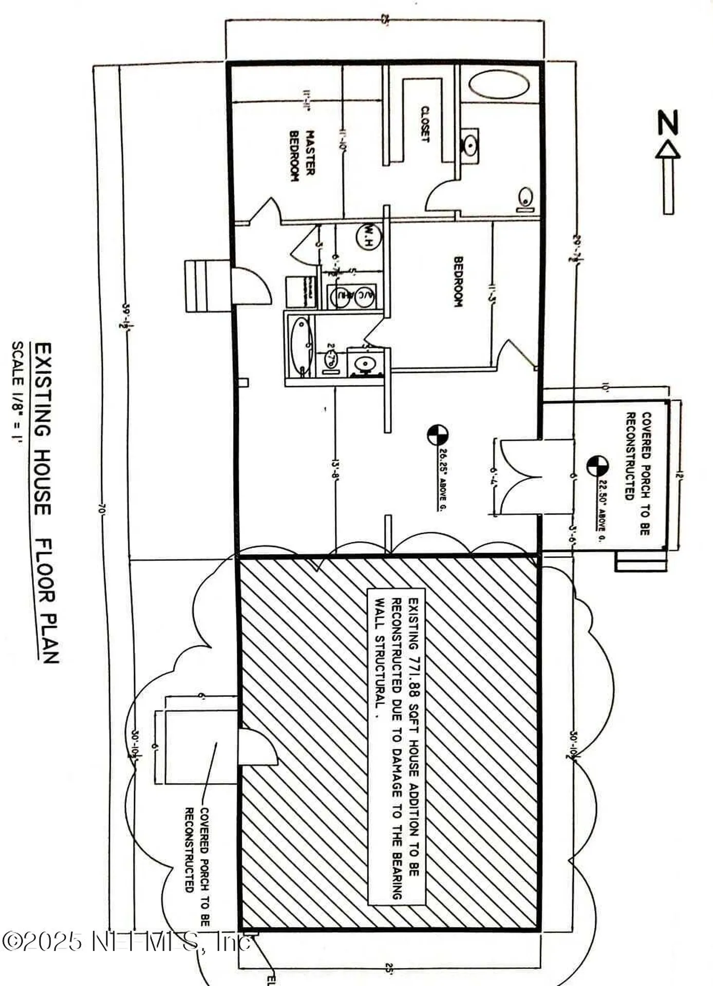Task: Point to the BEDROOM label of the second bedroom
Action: pos(458,282)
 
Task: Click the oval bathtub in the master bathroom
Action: pos(499,85)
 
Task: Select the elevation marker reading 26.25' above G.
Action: pos(437,434)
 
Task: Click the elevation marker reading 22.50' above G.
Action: pos(597,466)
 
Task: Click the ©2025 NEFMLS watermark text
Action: pos(126,942)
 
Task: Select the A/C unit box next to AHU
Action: pos(365,296)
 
